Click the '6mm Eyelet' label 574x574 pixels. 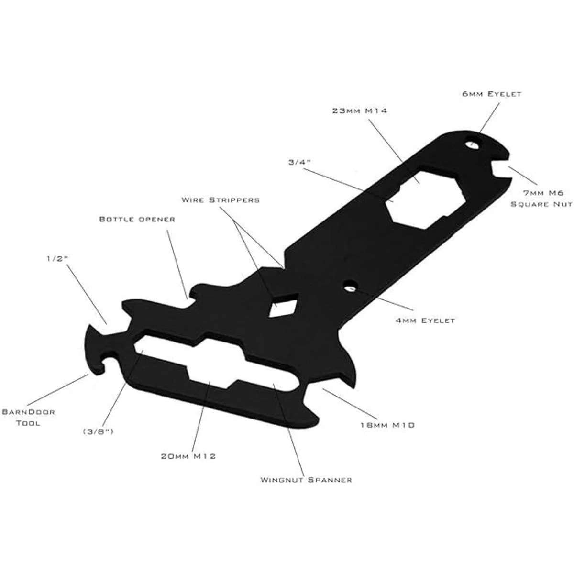[491, 94]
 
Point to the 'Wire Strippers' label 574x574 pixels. [221, 199]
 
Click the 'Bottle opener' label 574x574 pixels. [137, 219]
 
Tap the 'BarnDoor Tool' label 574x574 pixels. [28, 417]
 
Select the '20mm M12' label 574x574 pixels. [188, 456]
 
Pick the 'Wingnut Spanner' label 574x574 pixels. [306, 479]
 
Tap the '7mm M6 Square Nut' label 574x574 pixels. [541, 199]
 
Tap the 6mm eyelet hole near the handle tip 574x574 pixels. [473, 143]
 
